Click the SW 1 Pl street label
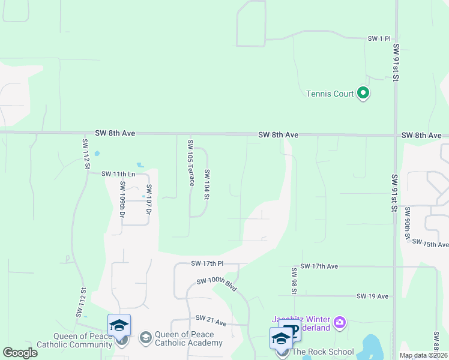pos(379,38)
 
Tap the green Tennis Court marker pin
pos(363,93)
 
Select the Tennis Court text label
pos(330,94)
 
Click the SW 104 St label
pos(206,184)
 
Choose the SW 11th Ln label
pos(118,174)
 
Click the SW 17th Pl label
pos(207,263)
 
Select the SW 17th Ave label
pos(319,266)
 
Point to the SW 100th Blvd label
pos(218,286)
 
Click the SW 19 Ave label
pos(372,296)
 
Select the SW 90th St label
pos(407,224)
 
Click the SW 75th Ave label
pos(430,245)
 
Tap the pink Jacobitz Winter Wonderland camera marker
pos(340,323)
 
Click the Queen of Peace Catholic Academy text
pos(188,339)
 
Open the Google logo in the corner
pos(20,352)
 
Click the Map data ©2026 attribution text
pos(423,355)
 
